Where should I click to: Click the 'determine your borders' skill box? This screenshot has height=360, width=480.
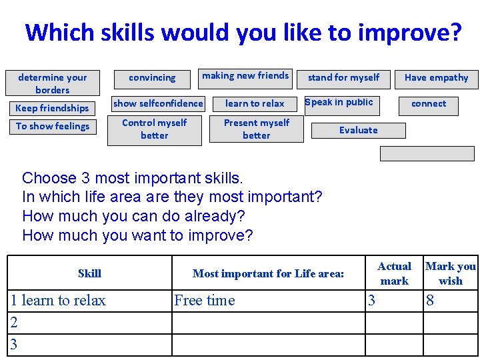point(53,83)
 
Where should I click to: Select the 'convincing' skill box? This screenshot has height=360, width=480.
point(152,78)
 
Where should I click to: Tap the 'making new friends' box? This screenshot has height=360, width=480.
point(245,76)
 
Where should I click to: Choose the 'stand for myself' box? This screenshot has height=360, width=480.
point(343,78)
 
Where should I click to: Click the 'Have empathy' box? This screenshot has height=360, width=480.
point(436,78)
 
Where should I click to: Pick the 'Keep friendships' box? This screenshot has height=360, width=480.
point(52,108)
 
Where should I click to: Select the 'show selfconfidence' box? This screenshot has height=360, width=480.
point(158,103)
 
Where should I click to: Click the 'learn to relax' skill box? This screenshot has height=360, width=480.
point(255,103)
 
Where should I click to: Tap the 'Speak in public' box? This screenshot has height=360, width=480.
point(339,102)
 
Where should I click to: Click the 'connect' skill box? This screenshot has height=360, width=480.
point(429,103)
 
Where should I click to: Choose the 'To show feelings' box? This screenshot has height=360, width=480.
point(53,126)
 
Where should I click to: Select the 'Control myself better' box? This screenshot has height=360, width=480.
point(155,129)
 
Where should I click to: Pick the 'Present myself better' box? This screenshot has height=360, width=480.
point(257,129)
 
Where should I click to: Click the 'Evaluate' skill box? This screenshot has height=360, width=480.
point(359,130)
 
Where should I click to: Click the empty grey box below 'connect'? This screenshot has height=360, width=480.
point(427,154)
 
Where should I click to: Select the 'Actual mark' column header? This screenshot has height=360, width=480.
point(394,273)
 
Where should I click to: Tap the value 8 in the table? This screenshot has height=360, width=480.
point(430,301)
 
